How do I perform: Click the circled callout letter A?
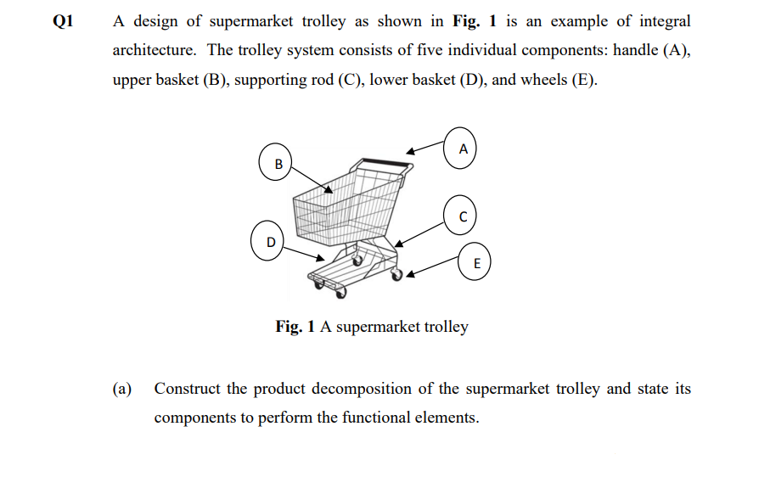pos(462,148)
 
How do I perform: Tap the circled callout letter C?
pos(462,216)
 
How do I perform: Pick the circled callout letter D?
pos(270,242)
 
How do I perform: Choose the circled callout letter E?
pos(477,263)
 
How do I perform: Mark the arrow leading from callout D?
pos(305,253)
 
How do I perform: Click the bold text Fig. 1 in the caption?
pos(296,326)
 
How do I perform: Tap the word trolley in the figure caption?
pos(441,327)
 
